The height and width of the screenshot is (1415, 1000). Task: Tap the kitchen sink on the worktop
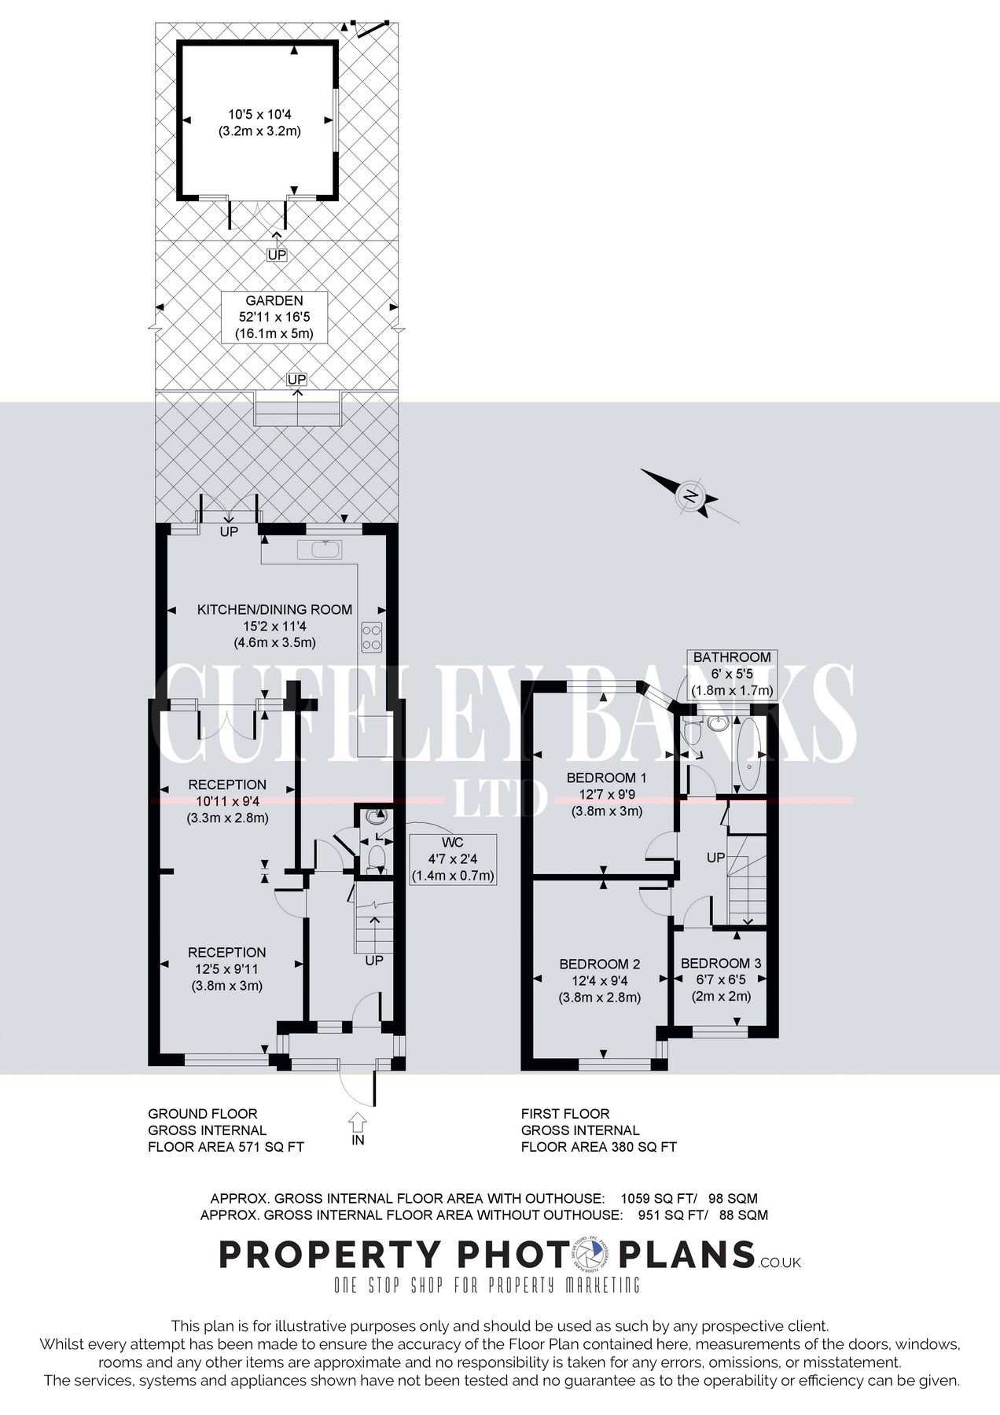(320, 549)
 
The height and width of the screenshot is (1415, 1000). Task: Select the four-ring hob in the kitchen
(372, 636)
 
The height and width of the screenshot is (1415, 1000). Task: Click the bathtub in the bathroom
(748, 755)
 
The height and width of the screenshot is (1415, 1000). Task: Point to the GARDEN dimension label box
(274, 317)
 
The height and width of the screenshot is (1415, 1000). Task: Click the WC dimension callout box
(453, 858)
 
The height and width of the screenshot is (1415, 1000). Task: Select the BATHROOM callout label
(732, 674)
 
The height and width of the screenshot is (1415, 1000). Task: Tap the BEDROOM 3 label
(720, 963)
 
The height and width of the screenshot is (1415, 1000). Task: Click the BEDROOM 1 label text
(606, 777)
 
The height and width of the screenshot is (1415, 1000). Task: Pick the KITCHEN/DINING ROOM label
(274, 609)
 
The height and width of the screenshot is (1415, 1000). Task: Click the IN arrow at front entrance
(358, 1121)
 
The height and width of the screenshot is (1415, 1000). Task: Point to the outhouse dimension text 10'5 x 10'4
(259, 115)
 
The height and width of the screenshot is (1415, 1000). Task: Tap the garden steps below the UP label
(298, 411)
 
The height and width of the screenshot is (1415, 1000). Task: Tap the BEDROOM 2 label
(599, 964)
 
